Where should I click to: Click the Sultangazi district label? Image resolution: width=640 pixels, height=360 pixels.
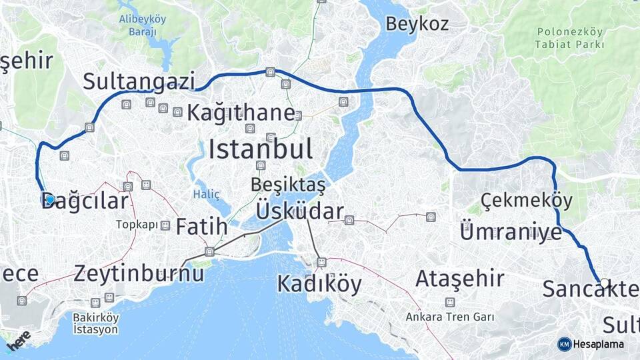coord(139,81)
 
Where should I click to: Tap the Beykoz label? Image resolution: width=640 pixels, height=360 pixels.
coord(417,24)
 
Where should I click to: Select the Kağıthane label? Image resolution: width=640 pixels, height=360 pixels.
coord(240,113)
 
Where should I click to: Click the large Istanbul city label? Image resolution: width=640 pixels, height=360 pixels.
coord(261,149)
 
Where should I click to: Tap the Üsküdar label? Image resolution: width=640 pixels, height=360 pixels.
coord(300,212)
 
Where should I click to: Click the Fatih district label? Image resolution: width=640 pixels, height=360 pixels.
coord(201,227)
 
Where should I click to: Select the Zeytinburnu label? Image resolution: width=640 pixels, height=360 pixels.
coord(139,272)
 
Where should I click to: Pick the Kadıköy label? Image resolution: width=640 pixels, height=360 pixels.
coord(319,284)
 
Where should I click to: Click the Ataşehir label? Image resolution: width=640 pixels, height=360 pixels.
coord(459,278)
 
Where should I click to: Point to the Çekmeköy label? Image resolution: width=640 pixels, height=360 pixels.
coord(517,199)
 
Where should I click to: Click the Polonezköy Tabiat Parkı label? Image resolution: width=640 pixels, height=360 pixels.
coord(569,38)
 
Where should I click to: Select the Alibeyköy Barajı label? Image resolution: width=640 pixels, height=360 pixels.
coord(142,25)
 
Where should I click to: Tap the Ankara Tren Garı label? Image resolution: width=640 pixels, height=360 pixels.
coord(450,317)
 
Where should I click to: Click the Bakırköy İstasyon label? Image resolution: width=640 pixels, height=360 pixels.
coord(95,324)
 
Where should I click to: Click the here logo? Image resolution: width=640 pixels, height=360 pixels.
coord(18,343)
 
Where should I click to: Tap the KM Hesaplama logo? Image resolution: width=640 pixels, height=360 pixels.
coord(591,344)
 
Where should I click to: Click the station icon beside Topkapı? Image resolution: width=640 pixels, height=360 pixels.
coord(165,225)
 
